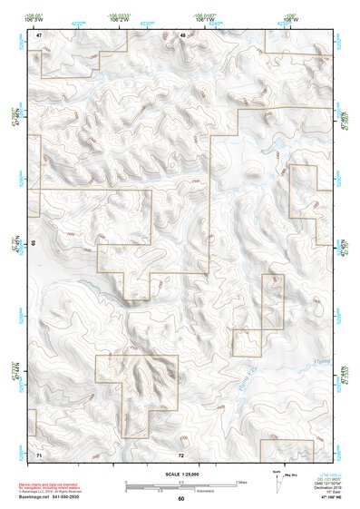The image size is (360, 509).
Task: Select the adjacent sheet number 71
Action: point(39,453)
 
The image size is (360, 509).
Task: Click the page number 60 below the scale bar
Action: point(181,499)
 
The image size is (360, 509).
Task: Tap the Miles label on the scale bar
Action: point(242,481)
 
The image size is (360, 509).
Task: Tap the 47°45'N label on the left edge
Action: point(24,245)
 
